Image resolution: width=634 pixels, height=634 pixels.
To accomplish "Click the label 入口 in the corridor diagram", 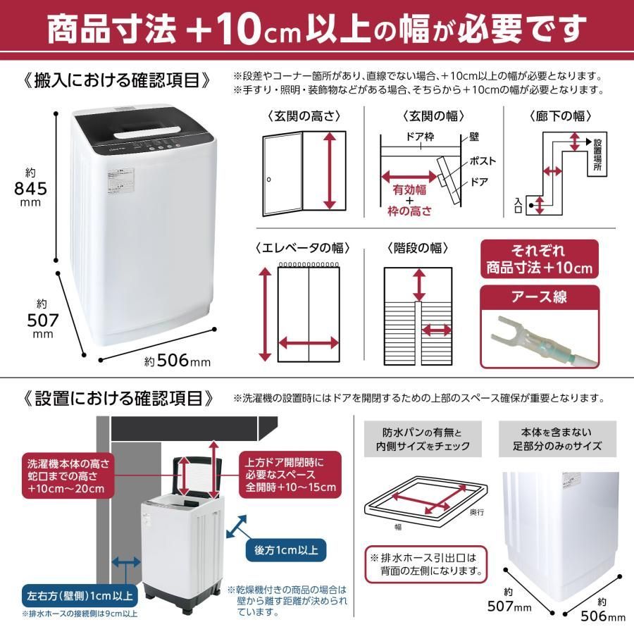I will tap(519, 205).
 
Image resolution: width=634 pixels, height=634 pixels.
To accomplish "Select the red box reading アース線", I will tap(539, 297).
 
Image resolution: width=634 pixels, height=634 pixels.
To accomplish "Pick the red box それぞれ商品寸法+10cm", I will tap(539, 259).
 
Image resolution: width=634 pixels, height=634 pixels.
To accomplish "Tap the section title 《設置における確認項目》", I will tap(118, 398).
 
